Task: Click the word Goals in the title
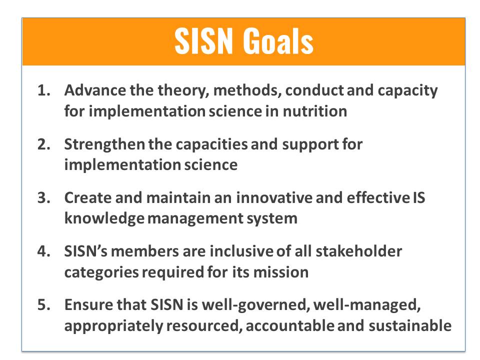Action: [x=278, y=41]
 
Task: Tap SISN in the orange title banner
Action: [x=204, y=41]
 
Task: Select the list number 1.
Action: [x=44, y=90]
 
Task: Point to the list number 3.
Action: [x=44, y=198]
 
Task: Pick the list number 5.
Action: [x=44, y=305]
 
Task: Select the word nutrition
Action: [x=315, y=111]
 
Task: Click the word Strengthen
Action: [x=104, y=144]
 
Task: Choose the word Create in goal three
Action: [x=87, y=198]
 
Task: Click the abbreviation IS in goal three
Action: [x=419, y=198]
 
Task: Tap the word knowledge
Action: [x=104, y=219]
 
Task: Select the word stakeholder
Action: [x=358, y=251]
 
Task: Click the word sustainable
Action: [x=410, y=326]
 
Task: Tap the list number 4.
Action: [x=44, y=251]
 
